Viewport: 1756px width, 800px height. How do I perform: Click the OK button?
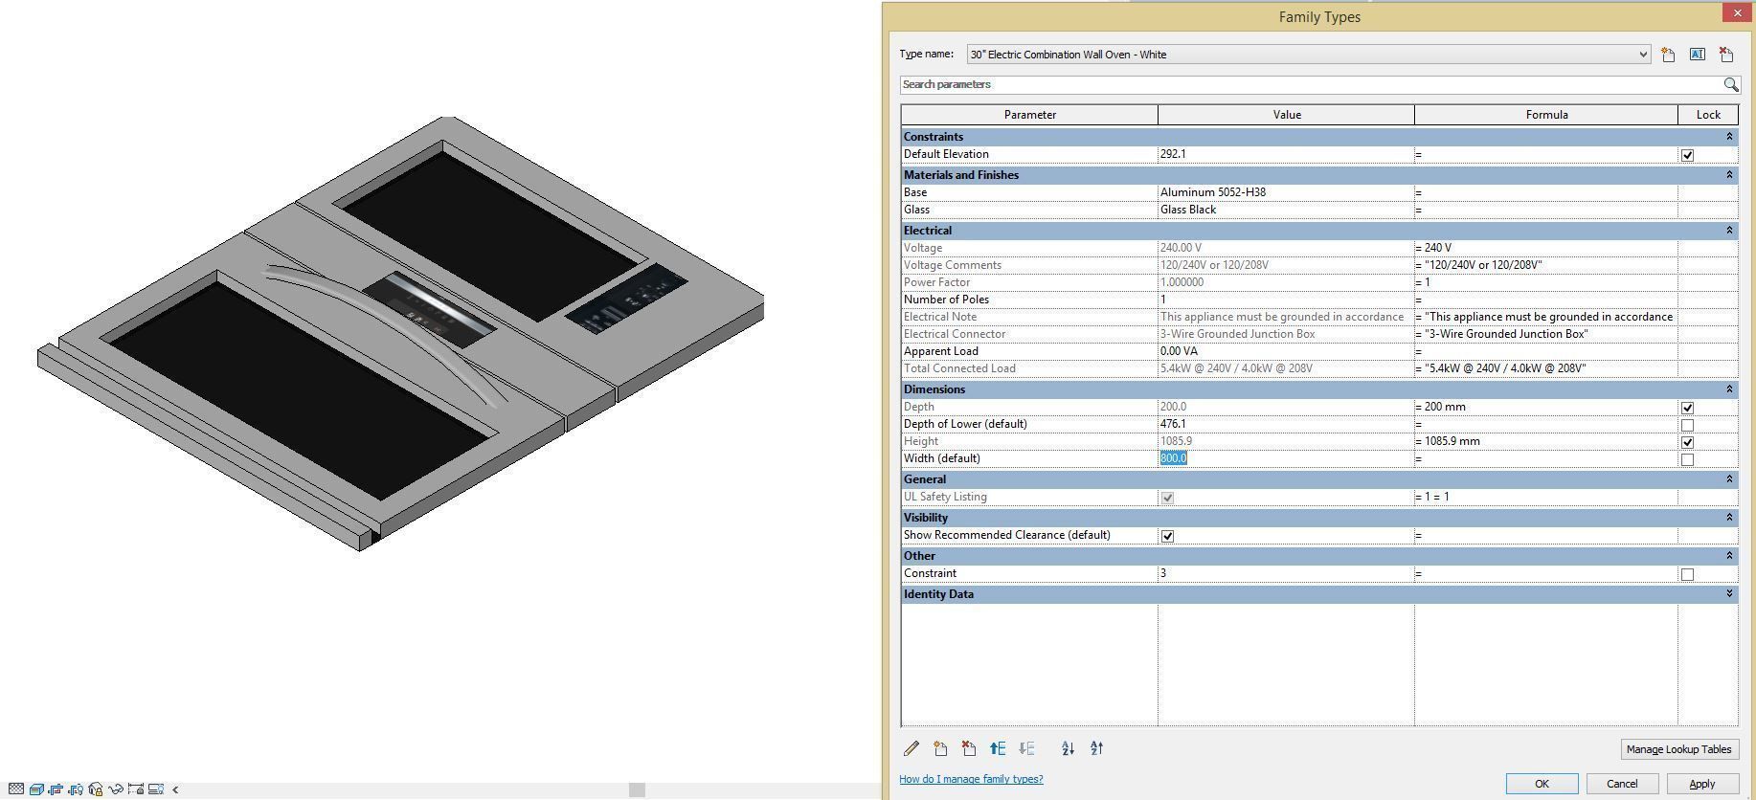pyautogui.click(x=1542, y=784)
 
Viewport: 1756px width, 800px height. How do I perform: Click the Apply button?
pyautogui.click(x=1701, y=784)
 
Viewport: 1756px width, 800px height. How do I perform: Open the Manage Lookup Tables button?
pyautogui.click(x=1677, y=749)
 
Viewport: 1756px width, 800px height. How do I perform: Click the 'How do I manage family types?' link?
pyautogui.click(x=971, y=779)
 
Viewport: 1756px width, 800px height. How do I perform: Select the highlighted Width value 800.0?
pyautogui.click(x=1174, y=458)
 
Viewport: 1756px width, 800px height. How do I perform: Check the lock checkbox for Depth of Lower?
pyautogui.click(x=1687, y=425)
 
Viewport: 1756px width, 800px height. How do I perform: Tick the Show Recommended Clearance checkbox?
pyautogui.click(x=1167, y=536)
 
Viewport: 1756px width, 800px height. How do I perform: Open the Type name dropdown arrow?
pyautogui.click(x=1643, y=55)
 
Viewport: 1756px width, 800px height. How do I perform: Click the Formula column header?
pyautogui.click(x=1545, y=115)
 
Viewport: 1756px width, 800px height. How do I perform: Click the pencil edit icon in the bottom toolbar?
pyautogui.click(x=912, y=749)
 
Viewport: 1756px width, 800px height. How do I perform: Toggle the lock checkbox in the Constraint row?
pyautogui.click(x=1687, y=574)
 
